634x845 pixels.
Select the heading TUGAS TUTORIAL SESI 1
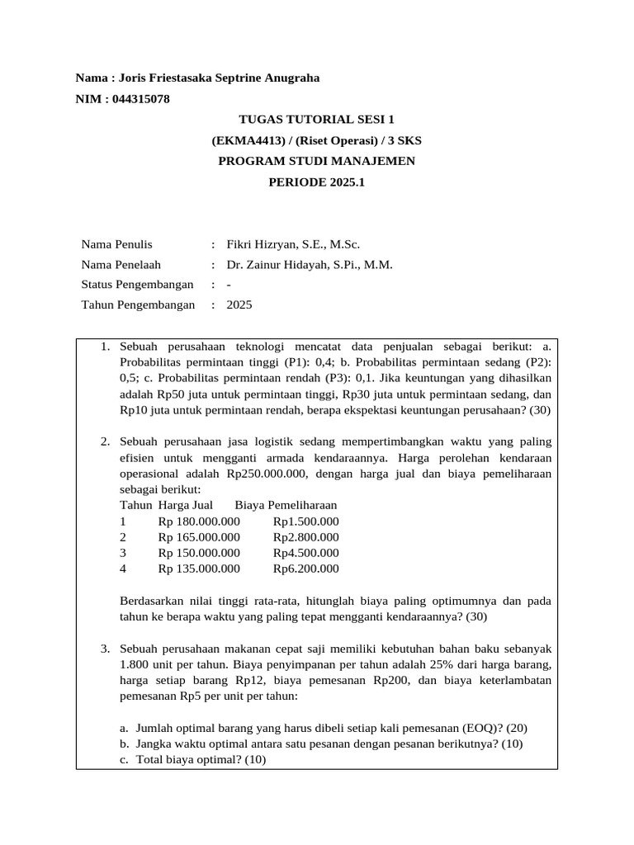(316, 120)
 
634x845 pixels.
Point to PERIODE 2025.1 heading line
(316, 182)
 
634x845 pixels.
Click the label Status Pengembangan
(137, 285)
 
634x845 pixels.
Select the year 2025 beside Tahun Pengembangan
(239, 304)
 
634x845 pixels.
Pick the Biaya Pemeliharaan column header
(286, 505)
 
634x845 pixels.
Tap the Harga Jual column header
(186, 505)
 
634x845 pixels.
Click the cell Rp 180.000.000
(199, 522)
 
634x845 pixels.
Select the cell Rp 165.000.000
(199, 537)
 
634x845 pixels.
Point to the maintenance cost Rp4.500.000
(305, 553)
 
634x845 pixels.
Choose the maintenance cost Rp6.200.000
(305, 569)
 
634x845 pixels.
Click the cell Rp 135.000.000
(199, 569)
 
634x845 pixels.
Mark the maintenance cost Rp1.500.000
(305, 522)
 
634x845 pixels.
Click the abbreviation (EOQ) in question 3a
(469, 728)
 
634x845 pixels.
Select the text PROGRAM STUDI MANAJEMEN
(316, 161)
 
